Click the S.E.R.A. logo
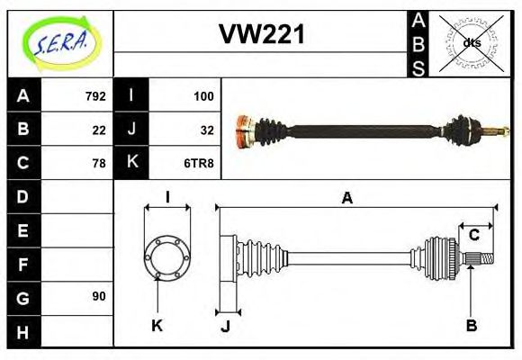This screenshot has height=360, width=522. [61, 42]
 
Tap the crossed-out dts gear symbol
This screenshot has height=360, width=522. [472, 41]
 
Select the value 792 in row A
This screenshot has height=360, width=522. [95, 95]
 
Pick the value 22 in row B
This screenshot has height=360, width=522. [99, 129]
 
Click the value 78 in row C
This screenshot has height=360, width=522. [99, 163]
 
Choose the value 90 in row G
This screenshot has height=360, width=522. [99, 296]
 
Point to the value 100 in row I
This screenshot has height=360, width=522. [203, 95]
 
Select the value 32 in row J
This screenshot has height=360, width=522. [207, 129]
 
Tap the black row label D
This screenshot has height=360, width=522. [23, 196]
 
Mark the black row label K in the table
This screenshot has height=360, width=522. [132, 163]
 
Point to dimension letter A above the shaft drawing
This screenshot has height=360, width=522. [346, 199]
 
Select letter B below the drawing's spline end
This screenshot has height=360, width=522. [471, 325]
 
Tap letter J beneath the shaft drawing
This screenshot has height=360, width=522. [225, 326]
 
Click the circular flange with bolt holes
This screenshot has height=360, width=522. [166, 255]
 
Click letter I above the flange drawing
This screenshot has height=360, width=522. [167, 197]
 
